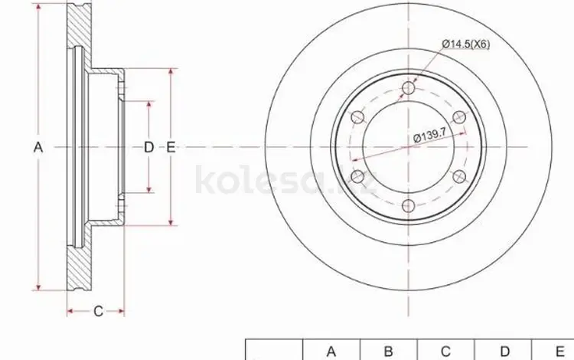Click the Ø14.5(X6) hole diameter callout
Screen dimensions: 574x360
465,44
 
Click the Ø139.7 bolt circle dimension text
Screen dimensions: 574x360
429,136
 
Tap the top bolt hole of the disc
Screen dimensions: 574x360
408,88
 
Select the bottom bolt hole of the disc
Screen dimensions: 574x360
408,205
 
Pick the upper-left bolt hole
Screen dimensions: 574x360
357,117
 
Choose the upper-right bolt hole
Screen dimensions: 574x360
459,117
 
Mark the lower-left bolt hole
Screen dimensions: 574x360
357,176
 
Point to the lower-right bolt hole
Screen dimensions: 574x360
459,176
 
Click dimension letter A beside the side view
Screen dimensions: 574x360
38,147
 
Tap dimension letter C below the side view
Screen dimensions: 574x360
98,311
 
